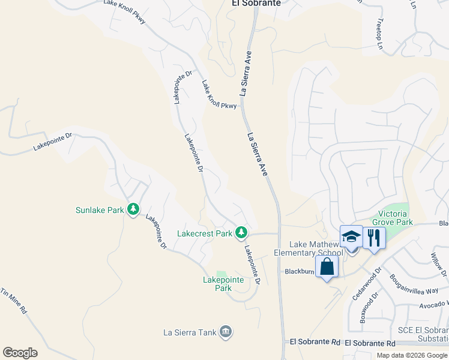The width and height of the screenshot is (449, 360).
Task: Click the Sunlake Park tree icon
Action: click(x=133, y=210)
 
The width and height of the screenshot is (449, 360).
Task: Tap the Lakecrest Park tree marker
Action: click(x=241, y=232)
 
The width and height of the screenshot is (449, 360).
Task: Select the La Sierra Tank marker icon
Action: click(x=226, y=332)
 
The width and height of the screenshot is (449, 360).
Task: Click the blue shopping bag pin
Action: click(x=327, y=266)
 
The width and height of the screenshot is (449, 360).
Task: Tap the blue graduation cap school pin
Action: click(x=351, y=237)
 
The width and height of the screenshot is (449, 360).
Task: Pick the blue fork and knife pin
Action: click(x=373, y=237)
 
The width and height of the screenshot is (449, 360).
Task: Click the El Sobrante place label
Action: click(x=256, y=3)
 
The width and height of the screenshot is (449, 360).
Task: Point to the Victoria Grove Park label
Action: click(x=396, y=218)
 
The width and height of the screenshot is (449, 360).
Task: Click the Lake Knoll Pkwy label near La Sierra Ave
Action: click(x=219, y=96)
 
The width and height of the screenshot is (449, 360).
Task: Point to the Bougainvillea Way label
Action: click(x=414, y=285)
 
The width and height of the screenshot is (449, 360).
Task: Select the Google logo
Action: click(x=20, y=353)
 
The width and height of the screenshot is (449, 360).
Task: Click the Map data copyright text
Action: click(x=412, y=355)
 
